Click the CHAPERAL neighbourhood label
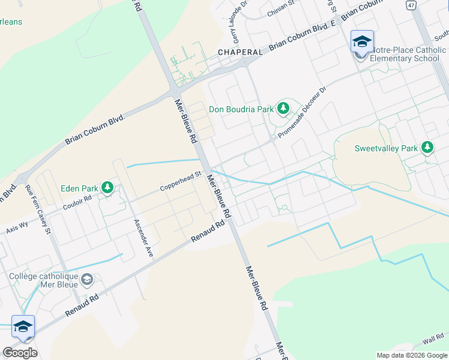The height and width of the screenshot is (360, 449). [240, 52]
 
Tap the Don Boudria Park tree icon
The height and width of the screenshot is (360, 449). [283, 109]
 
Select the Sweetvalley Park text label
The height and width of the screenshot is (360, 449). [385, 148]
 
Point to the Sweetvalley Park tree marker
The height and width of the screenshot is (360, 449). [427, 147]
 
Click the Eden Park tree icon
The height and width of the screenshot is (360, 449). [107, 188]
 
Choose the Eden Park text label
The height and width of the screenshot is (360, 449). [79, 188]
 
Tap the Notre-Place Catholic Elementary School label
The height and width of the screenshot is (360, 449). [408, 54]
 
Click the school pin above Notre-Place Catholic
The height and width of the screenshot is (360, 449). [362, 41]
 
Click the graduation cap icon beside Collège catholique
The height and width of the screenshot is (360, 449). [87, 280]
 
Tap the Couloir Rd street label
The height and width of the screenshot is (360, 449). [77, 202]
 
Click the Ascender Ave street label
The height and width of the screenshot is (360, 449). [143, 238]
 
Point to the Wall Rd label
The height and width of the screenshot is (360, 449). [432, 340]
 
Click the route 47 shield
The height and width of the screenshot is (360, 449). [411, 5]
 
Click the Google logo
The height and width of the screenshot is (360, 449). [20, 353]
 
